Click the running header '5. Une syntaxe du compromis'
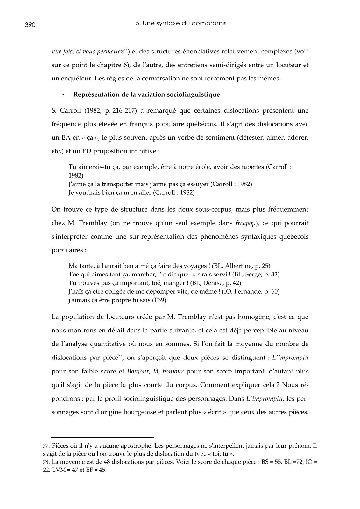click(x=181, y=23)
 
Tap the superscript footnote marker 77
click(x=126, y=49)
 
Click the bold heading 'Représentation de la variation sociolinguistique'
click(x=146, y=94)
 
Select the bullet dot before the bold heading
click(x=63, y=95)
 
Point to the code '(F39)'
click(x=159, y=300)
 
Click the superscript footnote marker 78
click(x=121, y=356)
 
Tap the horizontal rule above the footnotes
click(x=102, y=437)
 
